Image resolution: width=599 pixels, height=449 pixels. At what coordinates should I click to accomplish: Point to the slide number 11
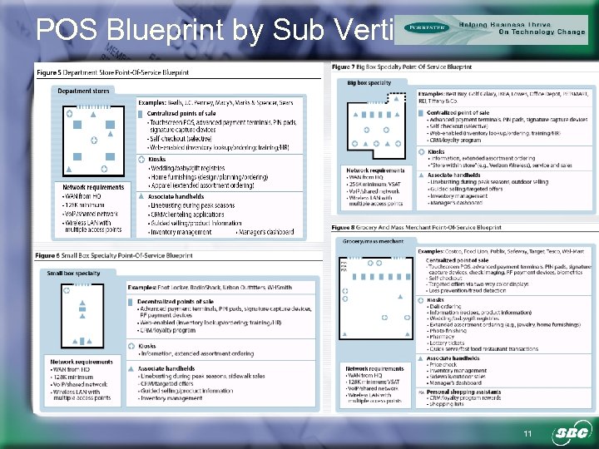pos(526,435)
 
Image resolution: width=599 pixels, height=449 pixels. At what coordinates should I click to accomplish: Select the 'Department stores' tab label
pos(82,91)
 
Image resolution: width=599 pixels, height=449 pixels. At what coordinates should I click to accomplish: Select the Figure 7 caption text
pos(401,67)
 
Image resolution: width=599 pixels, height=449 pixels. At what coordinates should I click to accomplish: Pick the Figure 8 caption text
pos(416,227)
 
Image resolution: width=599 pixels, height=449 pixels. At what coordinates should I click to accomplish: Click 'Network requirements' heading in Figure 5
pos(92,187)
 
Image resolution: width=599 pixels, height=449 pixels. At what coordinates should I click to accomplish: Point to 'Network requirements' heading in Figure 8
pos(374,368)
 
